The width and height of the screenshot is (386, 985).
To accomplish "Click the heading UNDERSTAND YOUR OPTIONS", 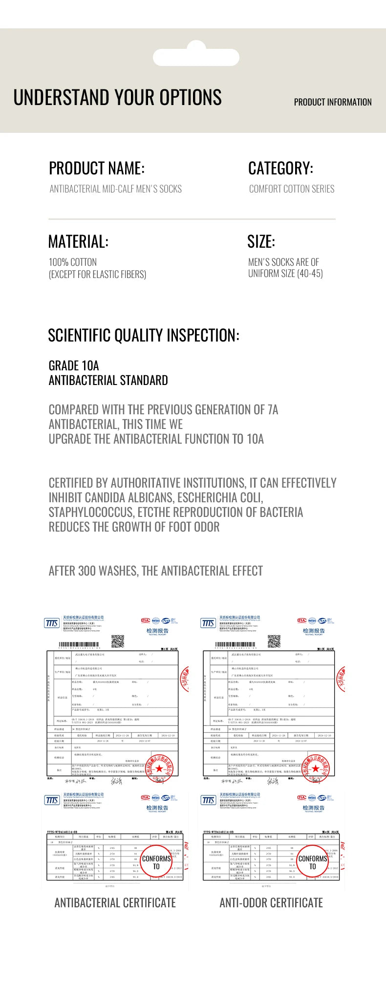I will pyautogui.click(x=117, y=97).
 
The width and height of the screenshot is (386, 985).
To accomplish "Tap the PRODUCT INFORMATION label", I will pyautogui.click(x=332, y=102).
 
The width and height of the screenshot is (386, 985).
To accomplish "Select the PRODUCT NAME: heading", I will pyautogui.click(x=97, y=169).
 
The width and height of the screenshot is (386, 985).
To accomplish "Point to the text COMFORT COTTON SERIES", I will pyautogui.click(x=292, y=189).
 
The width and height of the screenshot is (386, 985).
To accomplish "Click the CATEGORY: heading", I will pyautogui.click(x=280, y=169).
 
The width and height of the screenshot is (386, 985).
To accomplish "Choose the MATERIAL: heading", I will pyautogui.click(x=78, y=242).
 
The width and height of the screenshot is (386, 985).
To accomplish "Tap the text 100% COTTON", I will pyautogui.click(x=73, y=262).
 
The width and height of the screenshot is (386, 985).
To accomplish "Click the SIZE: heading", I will pyautogui.click(x=261, y=242).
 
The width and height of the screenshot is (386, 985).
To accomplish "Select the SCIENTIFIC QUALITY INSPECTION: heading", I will pyautogui.click(x=144, y=336).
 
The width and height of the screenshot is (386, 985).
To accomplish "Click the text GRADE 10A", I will pyautogui.click(x=74, y=366).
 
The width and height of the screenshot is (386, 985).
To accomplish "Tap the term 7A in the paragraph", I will pyautogui.click(x=273, y=410).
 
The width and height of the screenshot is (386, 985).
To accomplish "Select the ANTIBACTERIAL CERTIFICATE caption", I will pyautogui.click(x=115, y=903).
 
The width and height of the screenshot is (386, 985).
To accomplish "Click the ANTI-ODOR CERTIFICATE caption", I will pyautogui.click(x=271, y=903).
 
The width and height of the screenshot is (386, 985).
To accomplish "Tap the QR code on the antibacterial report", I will pyautogui.click(x=118, y=641).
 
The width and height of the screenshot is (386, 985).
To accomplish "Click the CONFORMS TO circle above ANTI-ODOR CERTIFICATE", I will pyautogui.click(x=312, y=862).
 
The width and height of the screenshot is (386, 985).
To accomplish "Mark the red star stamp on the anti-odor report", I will pyautogui.click(x=316, y=769).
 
